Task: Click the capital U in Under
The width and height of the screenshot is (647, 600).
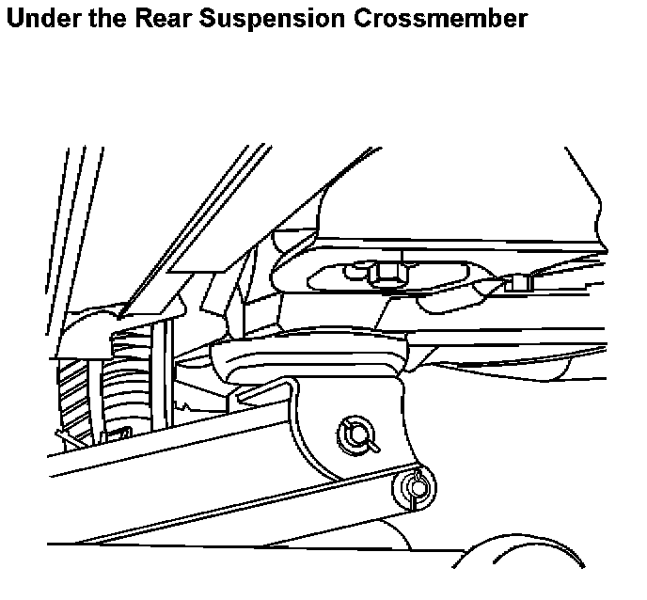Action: click(14, 18)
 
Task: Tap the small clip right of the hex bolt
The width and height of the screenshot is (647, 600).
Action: click(516, 281)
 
